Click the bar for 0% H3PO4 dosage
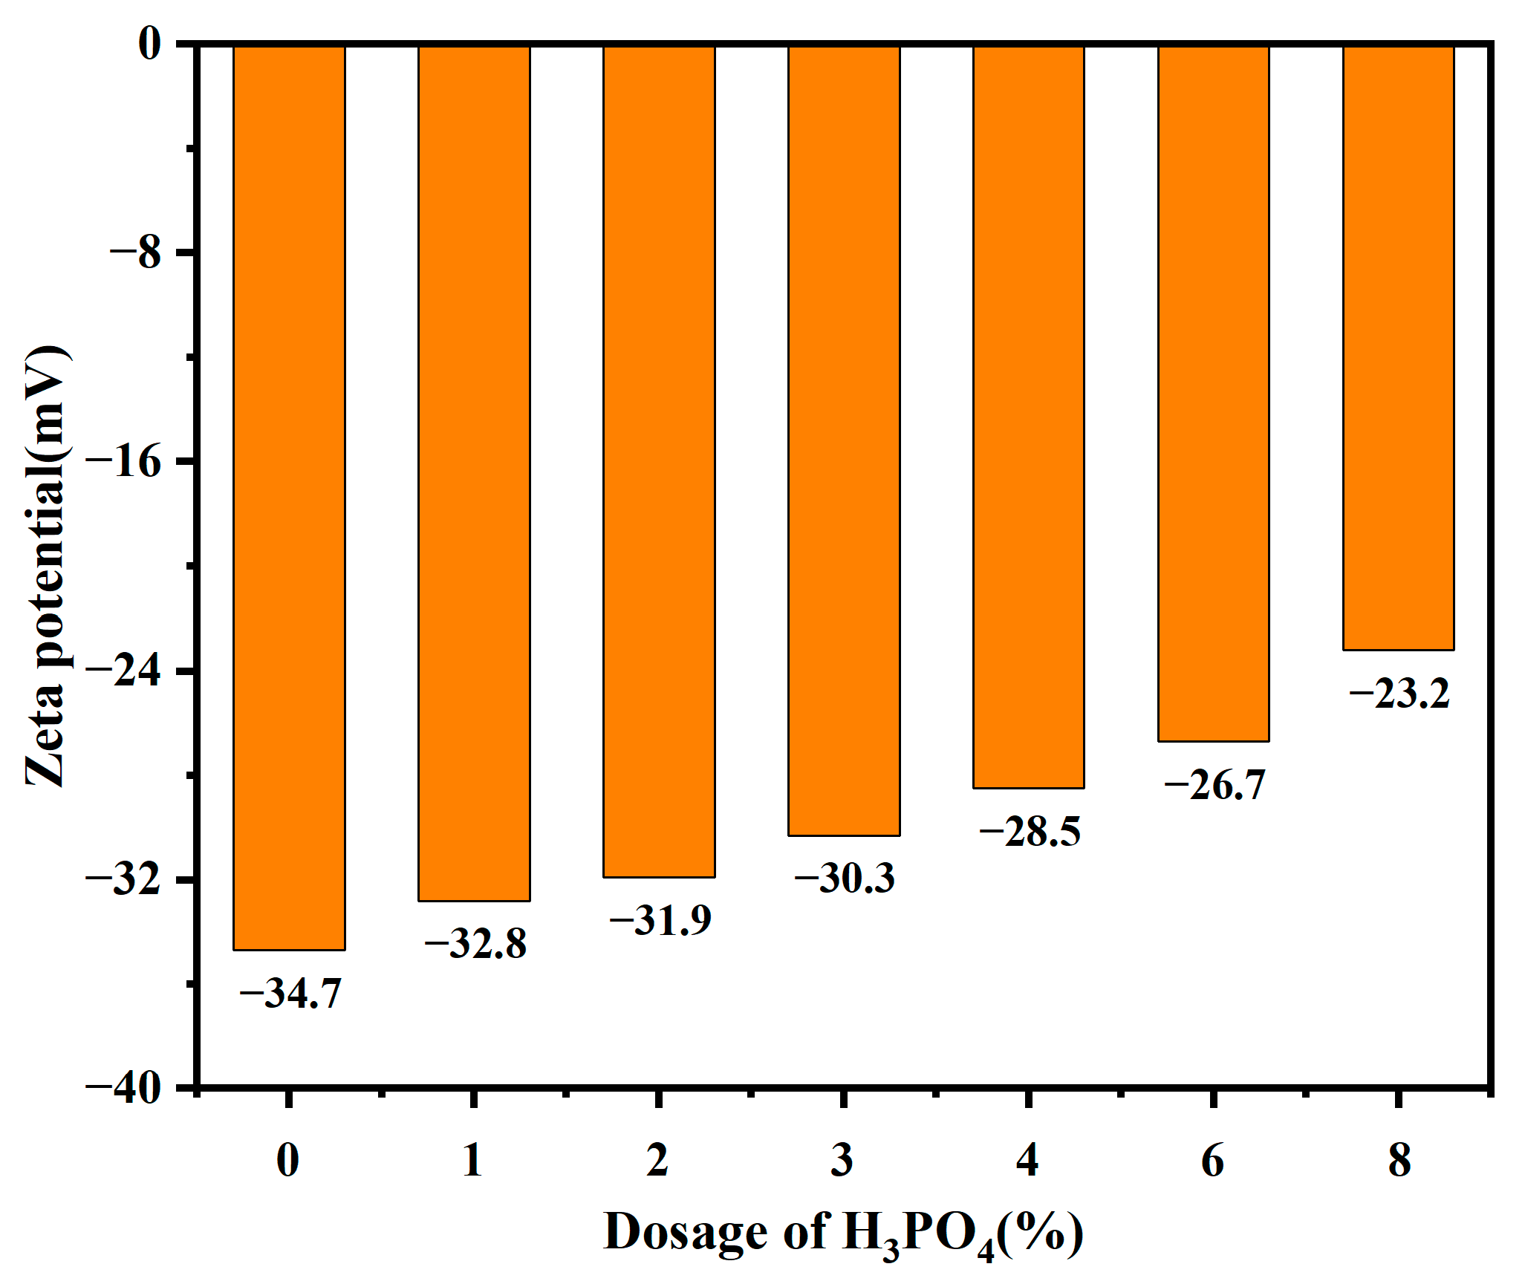tap(289, 498)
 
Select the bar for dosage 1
tap(474, 473)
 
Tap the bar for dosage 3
tap(844, 440)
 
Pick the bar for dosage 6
tap(1213, 394)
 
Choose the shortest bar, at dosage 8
tap(1398, 348)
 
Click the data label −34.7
tap(290, 993)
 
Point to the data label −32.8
tap(475, 944)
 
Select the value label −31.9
tap(660, 920)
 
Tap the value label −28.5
tap(1030, 831)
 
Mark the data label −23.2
tap(1399, 694)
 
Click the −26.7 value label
tap(1215, 785)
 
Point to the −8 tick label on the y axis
tap(135, 252)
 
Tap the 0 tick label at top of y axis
tap(150, 45)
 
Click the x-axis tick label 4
tap(1027, 1159)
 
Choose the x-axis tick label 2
tap(657, 1159)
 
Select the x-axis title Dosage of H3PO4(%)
tap(843, 1234)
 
